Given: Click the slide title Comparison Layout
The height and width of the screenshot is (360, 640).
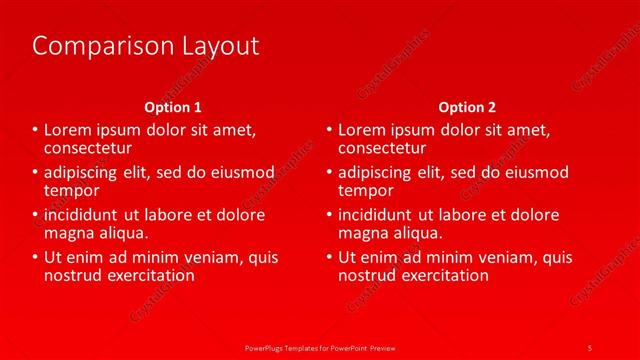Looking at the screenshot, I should pos(146,46).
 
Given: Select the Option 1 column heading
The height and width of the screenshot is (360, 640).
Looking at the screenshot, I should pos(173,107).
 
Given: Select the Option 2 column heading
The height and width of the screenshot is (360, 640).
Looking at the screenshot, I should pos(466,107).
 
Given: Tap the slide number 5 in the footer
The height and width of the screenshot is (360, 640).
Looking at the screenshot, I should pos(589,347).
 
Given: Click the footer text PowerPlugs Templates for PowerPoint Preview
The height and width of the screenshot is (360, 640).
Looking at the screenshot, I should pos(320,347).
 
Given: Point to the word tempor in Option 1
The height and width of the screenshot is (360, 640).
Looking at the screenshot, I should pos(72,189).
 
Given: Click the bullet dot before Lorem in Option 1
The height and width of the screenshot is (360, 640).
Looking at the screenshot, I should pos(35,130).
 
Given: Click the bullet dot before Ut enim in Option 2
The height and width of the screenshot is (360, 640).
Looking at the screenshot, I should pos(329,258).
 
